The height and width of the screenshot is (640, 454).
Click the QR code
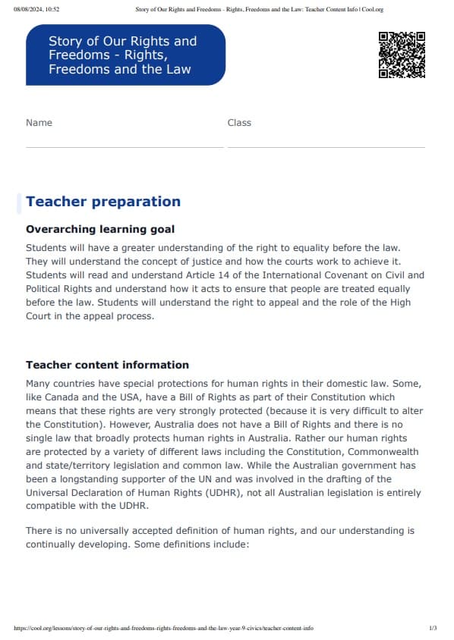point(402,55)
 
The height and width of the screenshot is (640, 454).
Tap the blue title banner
point(125,55)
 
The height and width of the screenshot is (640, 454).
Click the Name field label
point(39,123)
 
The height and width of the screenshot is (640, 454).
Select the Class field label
point(239,123)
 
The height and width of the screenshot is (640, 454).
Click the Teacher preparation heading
point(103,202)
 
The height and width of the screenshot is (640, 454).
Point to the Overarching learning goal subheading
point(100,229)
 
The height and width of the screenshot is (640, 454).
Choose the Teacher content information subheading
point(107,365)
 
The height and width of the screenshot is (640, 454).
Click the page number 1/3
point(433,628)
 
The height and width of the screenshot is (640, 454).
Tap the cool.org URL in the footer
point(163,628)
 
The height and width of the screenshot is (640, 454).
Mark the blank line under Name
point(125,147)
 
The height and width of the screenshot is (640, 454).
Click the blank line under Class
point(326,147)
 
